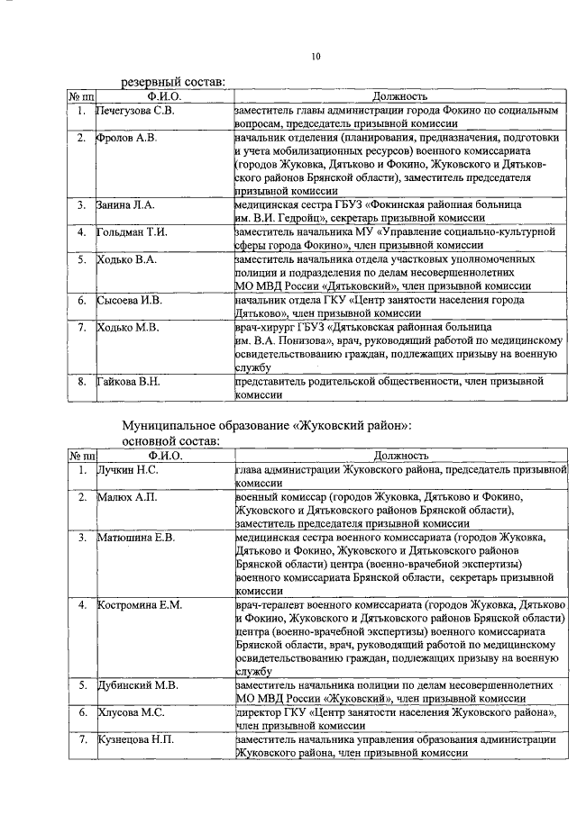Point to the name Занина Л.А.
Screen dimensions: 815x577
[x=126, y=205]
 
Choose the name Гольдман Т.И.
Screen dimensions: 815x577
[x=132, y=232]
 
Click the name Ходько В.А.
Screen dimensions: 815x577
[x=127, y=259]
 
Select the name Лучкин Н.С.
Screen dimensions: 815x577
[x=129, y=469]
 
